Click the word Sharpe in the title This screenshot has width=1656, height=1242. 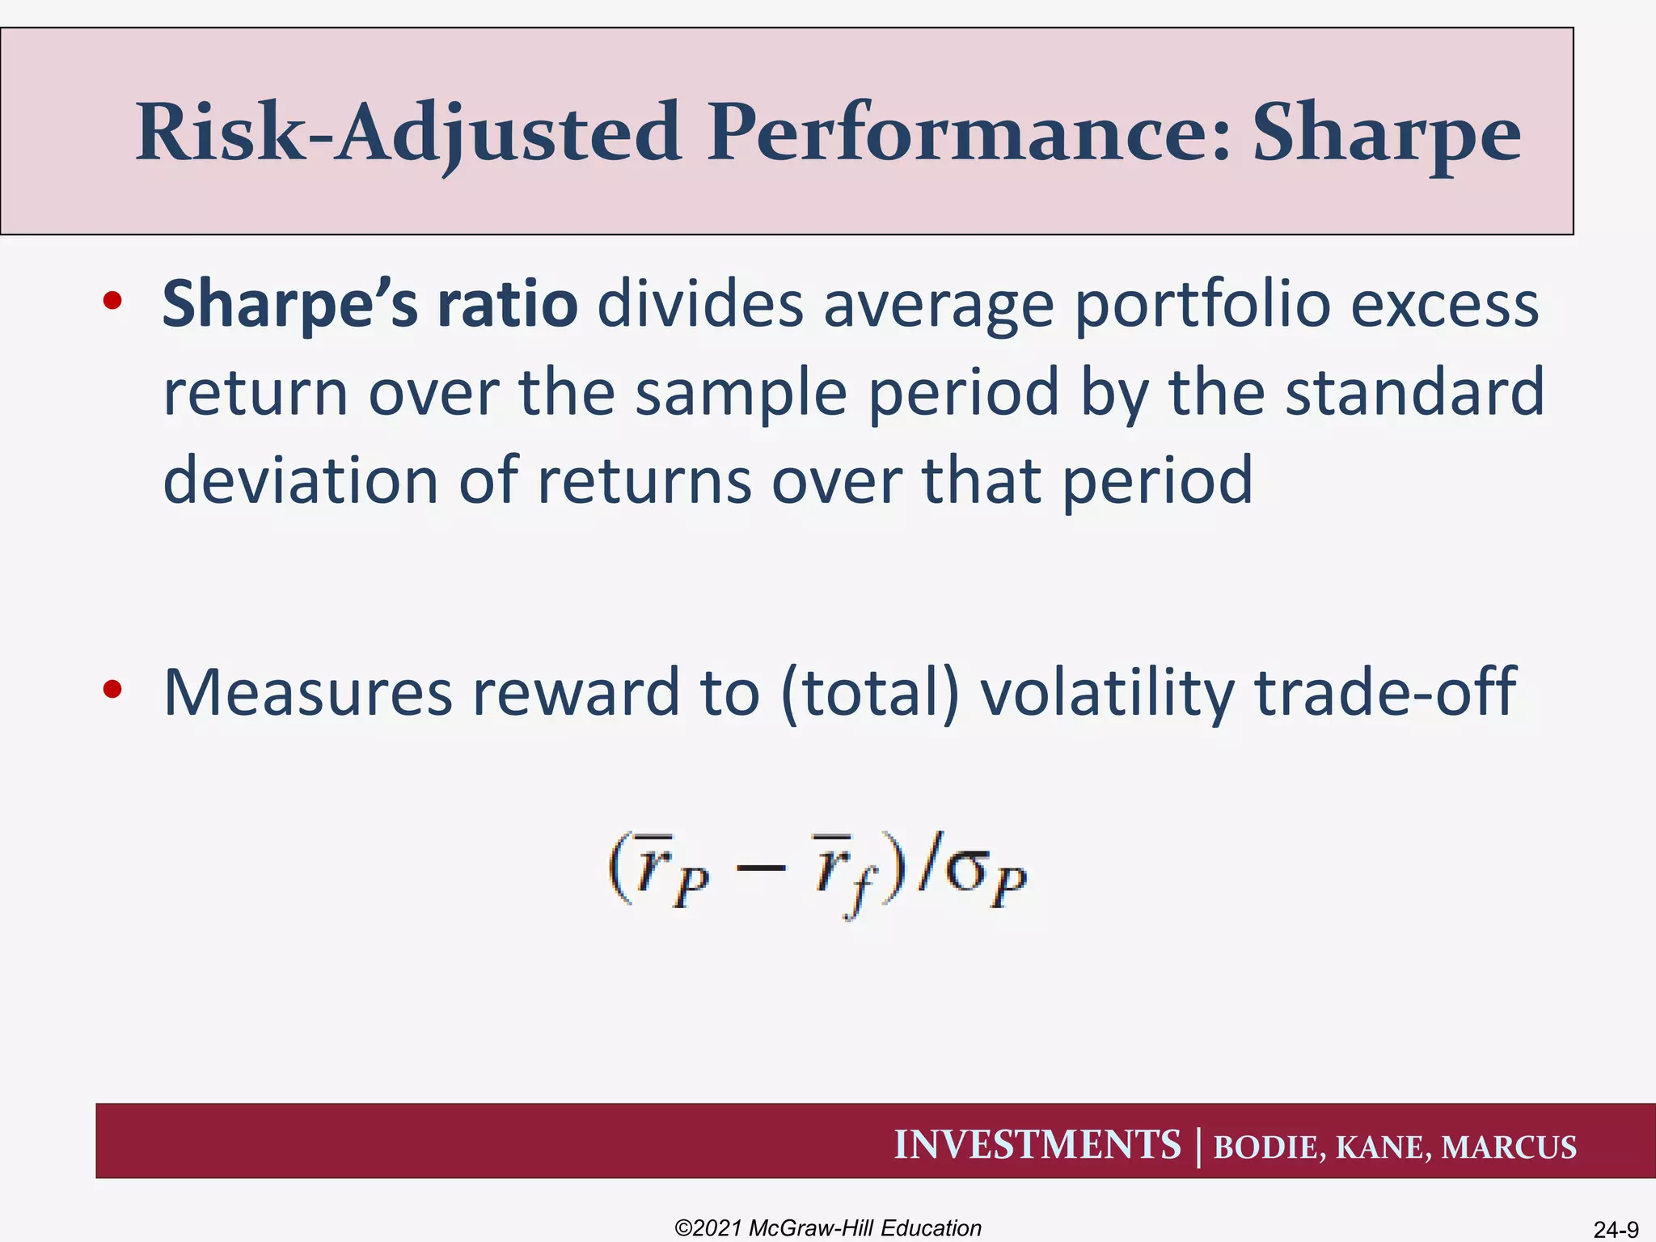pos(1386,133)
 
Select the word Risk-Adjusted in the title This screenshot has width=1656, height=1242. pos(408,133)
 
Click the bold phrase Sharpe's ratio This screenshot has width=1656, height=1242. pos(370,305)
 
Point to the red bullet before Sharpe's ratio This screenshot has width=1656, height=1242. pos(112,301)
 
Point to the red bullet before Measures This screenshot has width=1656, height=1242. pos(112,689)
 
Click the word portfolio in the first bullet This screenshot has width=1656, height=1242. pos(1202,305)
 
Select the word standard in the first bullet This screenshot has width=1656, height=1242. pos(1414,392)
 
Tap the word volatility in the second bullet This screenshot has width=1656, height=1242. pos(1107,693)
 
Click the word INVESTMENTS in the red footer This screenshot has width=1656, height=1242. pos(1037,1145)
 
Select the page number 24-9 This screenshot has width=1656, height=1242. pos(1616,1230)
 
